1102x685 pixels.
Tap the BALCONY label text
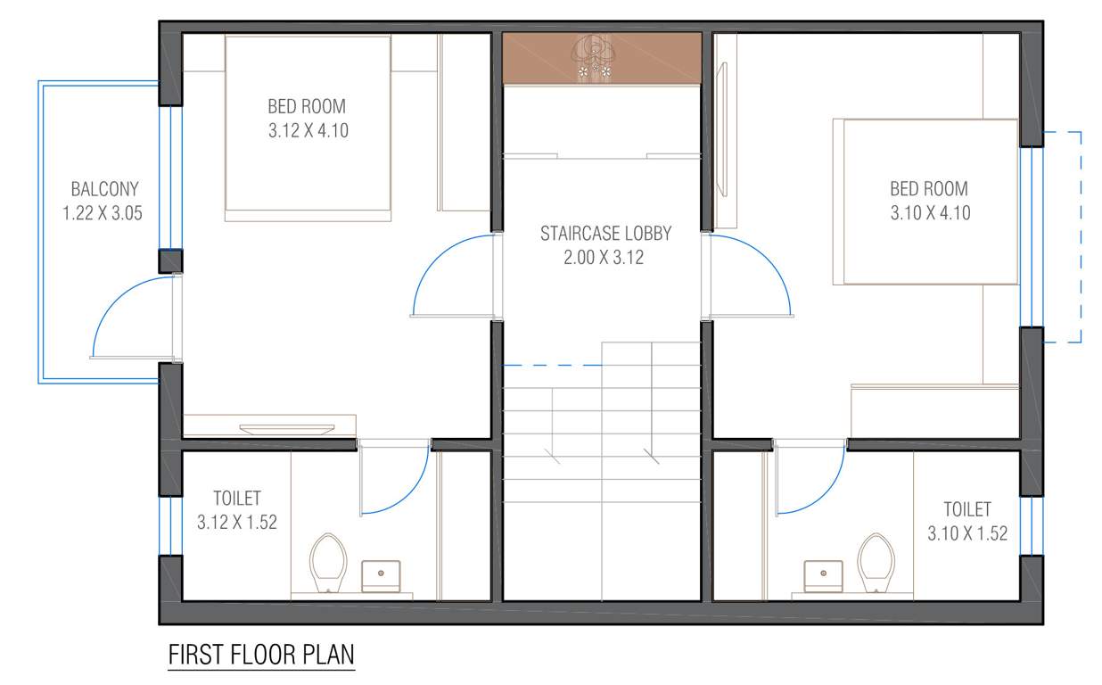point(104,189)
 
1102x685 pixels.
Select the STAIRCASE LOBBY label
point(605,234)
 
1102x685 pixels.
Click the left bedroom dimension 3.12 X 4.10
point(307,130)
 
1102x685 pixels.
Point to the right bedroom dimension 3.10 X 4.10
point(928,213)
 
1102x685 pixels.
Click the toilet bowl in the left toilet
point(327,561)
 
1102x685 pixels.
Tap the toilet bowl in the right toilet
point(876,561)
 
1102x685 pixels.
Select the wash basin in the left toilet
point(381,575)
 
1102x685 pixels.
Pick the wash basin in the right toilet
point(822,575)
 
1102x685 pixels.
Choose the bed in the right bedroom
point(927,202)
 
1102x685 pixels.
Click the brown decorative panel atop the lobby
point(601,59)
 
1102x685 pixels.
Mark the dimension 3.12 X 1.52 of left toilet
point(236,523)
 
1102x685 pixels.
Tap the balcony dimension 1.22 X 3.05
point(103,213)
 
